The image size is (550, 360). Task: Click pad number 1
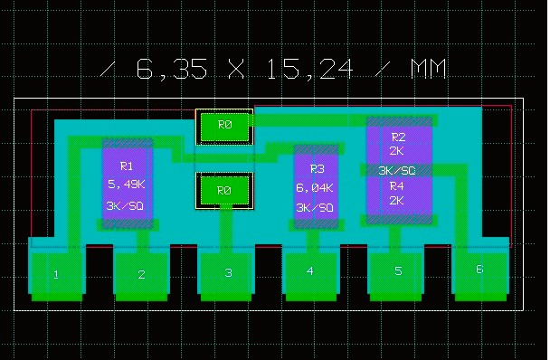[57, 277]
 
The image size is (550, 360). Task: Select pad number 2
[142, 277]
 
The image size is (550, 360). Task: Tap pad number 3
[226, 277]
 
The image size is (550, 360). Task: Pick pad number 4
[311, 277]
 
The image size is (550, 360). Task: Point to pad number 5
[396, 277]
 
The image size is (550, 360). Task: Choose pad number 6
[480, 277]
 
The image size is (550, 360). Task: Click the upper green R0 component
[224, 127]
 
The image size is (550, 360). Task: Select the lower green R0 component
[224, 190]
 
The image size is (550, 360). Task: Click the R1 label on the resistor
[127, 166]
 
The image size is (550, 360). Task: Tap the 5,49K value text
[127, 185]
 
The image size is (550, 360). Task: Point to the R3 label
[318, 169]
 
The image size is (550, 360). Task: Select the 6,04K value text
[315, 188]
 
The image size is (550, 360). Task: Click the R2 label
[398, 137]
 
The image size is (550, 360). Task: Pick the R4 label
[397, 186]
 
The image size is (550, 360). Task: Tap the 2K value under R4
[396, 201]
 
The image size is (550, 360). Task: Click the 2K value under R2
[396, 151]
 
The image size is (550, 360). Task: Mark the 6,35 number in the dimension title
[172, 69]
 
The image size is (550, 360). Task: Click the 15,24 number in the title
[309, 69]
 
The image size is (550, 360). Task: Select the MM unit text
[429, 69]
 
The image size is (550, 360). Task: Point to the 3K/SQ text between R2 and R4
[397, 171]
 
